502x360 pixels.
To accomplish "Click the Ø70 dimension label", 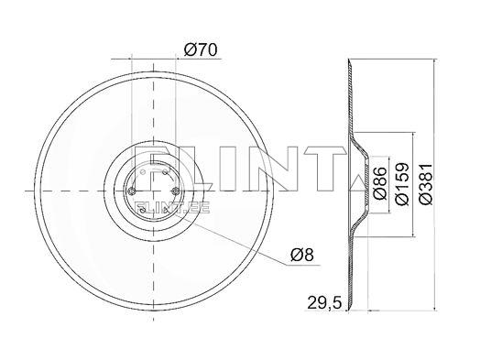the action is (x=201, y=50).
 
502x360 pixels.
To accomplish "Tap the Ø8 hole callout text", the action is (x=302, y=256).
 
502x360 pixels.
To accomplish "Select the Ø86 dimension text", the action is (x=380, y=184).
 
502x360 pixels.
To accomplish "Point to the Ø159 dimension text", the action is (x=402, y=184).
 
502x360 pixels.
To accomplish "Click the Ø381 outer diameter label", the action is (x=426, y=184).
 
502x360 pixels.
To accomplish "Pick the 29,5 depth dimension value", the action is (x=324, y=302).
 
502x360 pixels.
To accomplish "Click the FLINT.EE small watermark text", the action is (x=172, y=208).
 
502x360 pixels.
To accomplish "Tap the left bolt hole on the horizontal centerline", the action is (x=131, y=191).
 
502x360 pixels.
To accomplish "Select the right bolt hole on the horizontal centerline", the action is (x=175, y=191).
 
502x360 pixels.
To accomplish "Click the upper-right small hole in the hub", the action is (x=165, y=172).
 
